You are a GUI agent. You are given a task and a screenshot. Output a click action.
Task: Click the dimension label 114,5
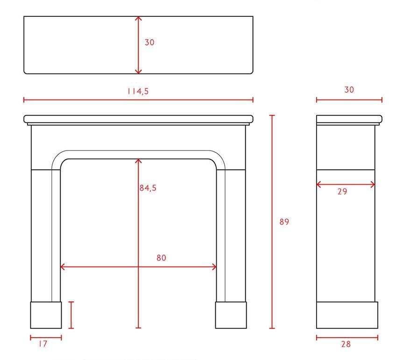pos(138,91)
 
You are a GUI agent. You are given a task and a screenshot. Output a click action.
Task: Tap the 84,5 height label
pos(148,188)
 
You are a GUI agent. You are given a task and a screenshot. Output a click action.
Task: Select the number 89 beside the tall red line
pos(284,222)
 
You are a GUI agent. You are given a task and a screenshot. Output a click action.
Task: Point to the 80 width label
pos(161,258)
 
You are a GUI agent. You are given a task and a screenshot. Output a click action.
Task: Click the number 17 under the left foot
pos(43,344)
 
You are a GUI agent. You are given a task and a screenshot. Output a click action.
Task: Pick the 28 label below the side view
pos(346,344)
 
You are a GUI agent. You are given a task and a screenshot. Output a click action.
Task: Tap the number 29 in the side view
pos(342,192)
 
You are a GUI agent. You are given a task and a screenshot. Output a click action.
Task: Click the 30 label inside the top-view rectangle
pos(149,42)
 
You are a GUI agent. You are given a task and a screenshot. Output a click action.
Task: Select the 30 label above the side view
pos(349,90)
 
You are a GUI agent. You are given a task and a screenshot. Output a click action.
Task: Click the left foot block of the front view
pos(46,315)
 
